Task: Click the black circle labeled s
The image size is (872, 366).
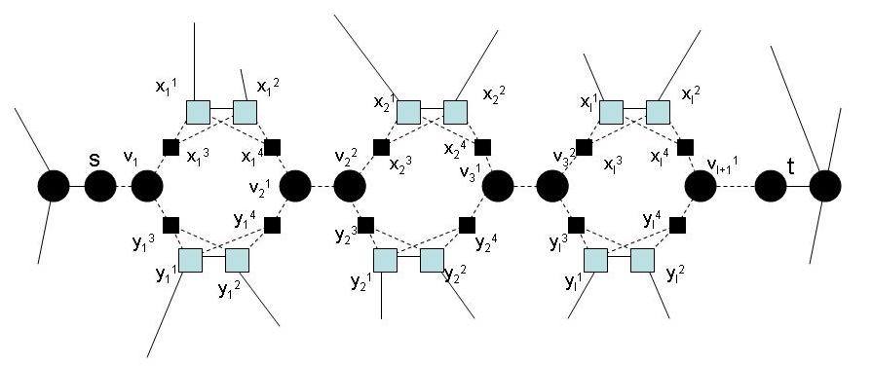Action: coord(99,185)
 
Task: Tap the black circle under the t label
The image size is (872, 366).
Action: coord(771,185)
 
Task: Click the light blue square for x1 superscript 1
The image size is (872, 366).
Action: coord(199,112)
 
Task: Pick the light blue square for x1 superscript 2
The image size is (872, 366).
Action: coord(244,112)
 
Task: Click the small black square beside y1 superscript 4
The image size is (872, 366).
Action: coord(272,226)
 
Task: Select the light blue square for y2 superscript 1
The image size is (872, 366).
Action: coord(385,260)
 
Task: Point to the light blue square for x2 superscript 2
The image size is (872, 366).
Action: coord(455,112)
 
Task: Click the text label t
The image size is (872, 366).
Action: coord(791,166)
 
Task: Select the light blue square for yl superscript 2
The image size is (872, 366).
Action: coord(641,260)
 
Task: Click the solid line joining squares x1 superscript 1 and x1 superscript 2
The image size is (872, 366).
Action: coord(221,112)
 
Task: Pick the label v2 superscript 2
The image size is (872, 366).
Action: coord(344,157)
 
